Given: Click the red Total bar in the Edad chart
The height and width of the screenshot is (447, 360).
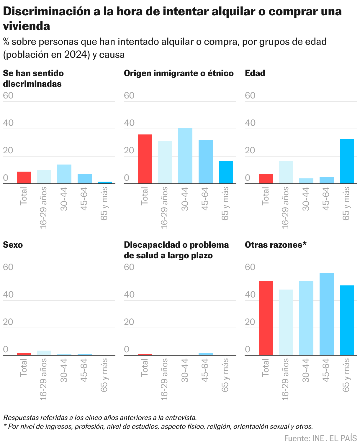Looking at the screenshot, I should (x=266, y=179).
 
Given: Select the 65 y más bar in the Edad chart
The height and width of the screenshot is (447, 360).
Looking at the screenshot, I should (x=347, y=161).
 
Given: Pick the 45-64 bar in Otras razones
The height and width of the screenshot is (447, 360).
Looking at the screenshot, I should (x=326, y=314).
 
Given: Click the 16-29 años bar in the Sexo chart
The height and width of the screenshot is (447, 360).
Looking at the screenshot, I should (x=44, y=353).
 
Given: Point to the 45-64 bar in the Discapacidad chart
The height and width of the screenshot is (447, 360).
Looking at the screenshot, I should (x=205, y=354).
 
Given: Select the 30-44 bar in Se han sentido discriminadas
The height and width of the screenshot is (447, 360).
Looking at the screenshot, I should (x=64, y=174).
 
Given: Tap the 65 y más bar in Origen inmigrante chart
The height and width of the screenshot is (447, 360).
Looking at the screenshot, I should (x=226, y=172).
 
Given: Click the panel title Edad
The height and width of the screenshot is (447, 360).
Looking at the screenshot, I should (x=255, y=73).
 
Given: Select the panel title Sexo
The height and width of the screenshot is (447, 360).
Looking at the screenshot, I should (x=13, y=245).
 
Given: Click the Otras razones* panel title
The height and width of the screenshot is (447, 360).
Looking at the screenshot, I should (x=276, y=245).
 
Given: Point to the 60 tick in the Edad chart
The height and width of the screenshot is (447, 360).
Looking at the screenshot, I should (x=250, y=96).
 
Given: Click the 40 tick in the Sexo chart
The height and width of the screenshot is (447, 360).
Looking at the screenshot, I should (x=8, y=295).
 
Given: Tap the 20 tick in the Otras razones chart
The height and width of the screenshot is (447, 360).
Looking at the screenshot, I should (x=250, y=322).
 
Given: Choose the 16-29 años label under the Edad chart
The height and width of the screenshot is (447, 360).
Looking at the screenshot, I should (x=285, y=208).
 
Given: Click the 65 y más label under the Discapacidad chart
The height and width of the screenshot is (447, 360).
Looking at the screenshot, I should (x=225, y=375).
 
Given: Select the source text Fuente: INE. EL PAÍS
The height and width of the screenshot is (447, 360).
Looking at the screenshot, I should (x=320, y=438).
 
